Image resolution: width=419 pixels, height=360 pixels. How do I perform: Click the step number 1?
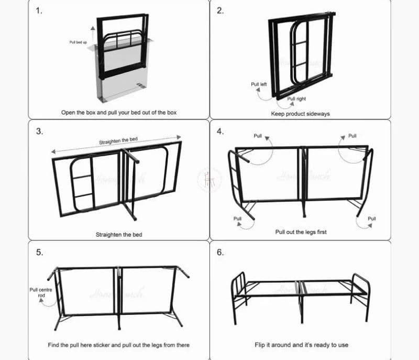[39, 11]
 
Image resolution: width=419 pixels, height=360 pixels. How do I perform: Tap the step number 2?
[220, 11]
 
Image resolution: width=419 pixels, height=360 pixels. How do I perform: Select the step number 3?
[39, 131]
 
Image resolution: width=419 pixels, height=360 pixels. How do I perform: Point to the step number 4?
[220, 131]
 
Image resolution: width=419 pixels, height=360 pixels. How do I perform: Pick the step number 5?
[39, 252]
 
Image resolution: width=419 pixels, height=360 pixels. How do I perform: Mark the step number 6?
[220, 252]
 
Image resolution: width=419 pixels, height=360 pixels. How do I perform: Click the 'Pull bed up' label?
[78, 42]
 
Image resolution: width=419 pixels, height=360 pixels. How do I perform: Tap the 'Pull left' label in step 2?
[259, 84]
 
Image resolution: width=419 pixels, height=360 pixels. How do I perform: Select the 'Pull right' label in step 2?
[296, 99]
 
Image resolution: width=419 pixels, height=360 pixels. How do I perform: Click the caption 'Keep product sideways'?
[300, 114]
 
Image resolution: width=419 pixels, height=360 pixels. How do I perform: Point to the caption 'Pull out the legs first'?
[301, 232]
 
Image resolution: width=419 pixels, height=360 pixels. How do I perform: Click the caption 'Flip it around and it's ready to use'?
[301, 345]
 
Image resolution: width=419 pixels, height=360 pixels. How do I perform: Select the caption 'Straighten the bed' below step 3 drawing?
[118, 235]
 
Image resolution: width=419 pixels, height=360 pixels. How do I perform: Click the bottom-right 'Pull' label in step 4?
[371, 219]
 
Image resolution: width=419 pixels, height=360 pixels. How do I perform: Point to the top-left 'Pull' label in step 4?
[258, 136]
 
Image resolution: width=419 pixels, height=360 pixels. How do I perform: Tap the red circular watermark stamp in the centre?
[209, 180]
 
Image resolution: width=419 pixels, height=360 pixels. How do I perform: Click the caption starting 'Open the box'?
[119, 113]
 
